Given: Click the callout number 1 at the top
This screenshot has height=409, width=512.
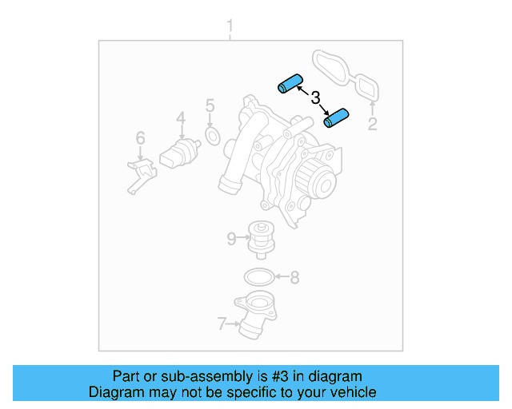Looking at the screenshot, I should click(x=230, y=29).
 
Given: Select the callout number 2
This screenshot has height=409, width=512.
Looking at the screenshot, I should click(x=372, y=124).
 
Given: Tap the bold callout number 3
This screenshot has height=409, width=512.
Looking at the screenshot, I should click(x=315, y=98).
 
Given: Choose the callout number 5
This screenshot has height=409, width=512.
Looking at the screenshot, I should click(x=210, y=105).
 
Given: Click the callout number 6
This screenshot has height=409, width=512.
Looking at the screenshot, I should click(x=140, y=139).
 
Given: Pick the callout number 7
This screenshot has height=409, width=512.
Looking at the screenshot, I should click(x=222, y=324).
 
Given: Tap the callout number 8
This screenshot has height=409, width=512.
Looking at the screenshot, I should click(x=294, y=278).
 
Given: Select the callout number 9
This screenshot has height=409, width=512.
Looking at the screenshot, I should click(x=230, y=237).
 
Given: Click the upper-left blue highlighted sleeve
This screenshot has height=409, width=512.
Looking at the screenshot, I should click(x=288, y=83).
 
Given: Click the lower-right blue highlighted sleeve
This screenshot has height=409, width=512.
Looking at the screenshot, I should click(x=338, y=118).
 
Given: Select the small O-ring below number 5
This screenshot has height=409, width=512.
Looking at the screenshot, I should click(x=213, y=137).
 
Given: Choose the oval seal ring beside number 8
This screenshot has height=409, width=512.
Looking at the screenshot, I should click(x=256, y=278).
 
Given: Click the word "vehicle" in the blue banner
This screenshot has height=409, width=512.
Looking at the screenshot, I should click(x=350, y=392).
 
